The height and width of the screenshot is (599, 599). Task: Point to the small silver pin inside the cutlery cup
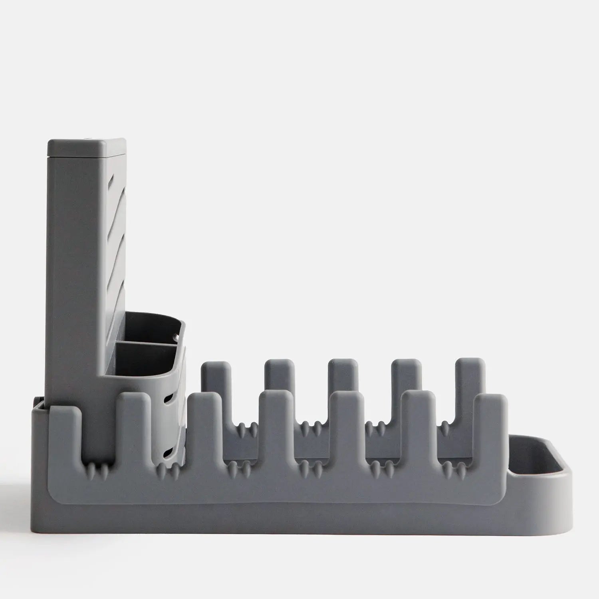pos(176,338)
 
